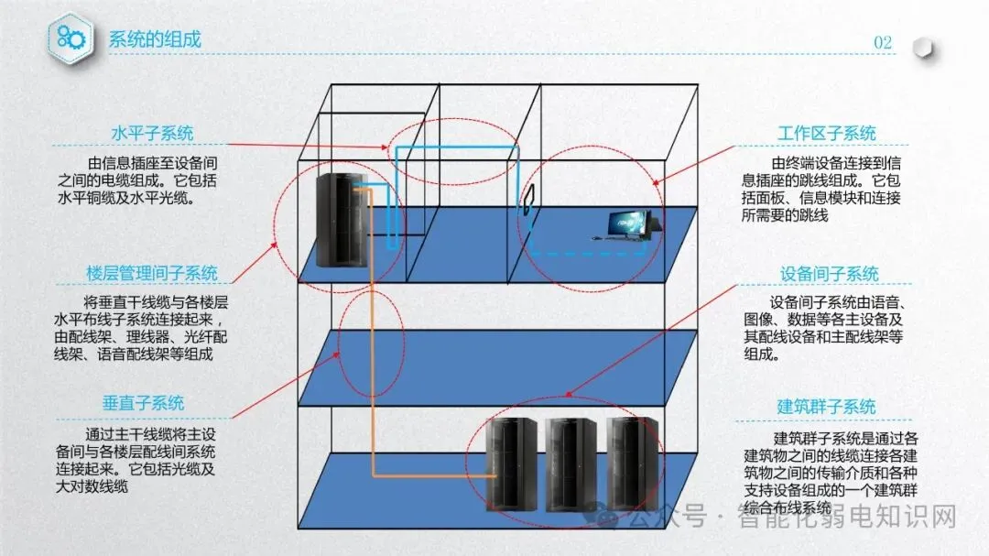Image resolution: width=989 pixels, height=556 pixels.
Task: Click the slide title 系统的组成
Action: tap(155, 39)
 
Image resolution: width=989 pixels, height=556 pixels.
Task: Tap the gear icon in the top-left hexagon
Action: tap(71, 37)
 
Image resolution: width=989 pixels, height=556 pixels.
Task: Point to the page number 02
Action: tap(883, 42)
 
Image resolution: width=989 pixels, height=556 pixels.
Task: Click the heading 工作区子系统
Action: tap(826, 134)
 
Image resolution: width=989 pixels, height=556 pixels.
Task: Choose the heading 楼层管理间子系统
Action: tap(152, 273)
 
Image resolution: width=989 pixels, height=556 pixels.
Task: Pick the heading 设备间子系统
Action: tap(829, 274)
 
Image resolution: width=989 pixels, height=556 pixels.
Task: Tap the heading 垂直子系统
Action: tap(143, 403)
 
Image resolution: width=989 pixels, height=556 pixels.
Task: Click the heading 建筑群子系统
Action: tap(826, 407)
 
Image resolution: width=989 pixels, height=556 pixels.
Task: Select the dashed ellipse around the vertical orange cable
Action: tap(370, 344)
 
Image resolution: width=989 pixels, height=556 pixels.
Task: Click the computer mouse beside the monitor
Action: tap(596, 239)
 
